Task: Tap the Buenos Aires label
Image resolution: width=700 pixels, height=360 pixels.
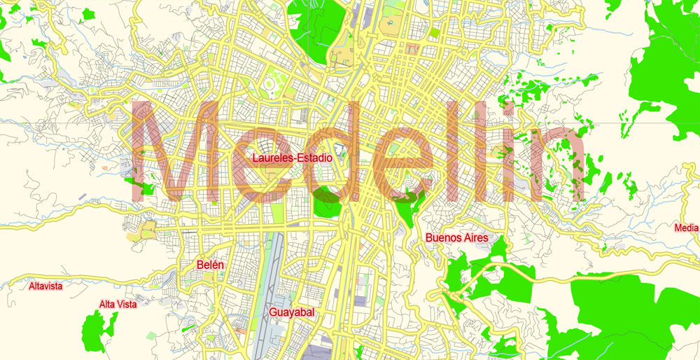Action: pos(456,238)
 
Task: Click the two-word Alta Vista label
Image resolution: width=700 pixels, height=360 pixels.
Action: pos(118,304)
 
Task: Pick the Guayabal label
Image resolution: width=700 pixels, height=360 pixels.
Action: pos(290,312)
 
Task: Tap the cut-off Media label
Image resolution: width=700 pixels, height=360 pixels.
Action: pos(686,228)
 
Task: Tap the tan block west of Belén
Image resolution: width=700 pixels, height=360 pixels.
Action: pos(148,229)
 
